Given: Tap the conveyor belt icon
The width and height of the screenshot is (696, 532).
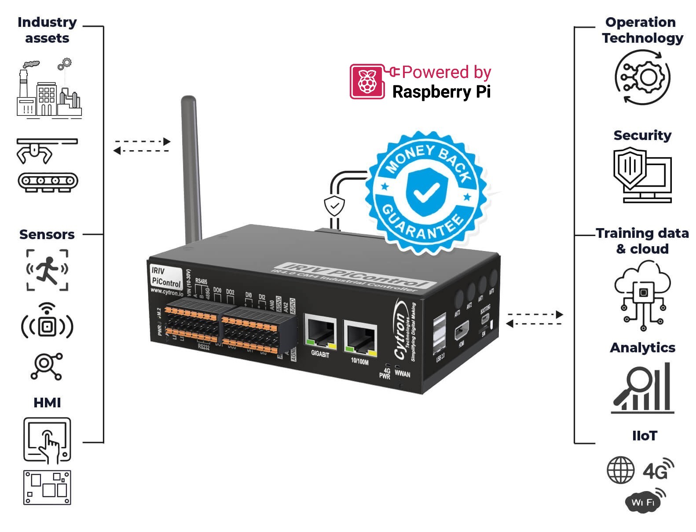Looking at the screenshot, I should coord(48,181).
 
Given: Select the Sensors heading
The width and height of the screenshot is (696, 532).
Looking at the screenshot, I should coord(47,235).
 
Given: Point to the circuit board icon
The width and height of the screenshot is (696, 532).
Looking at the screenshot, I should coord(47,488).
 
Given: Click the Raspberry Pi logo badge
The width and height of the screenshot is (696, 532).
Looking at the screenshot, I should coord(366,81).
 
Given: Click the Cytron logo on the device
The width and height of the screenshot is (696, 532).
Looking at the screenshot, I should coord(401,329).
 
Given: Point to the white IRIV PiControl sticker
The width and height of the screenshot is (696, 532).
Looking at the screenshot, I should coord(165,277).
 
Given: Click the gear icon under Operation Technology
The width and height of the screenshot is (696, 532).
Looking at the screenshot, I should coord(642,78).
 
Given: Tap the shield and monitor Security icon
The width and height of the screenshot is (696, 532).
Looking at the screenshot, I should coord(642,175).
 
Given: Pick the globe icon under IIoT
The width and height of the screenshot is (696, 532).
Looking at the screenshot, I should coord(620,470).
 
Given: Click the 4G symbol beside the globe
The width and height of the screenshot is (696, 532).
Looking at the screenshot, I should coord(657,469).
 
